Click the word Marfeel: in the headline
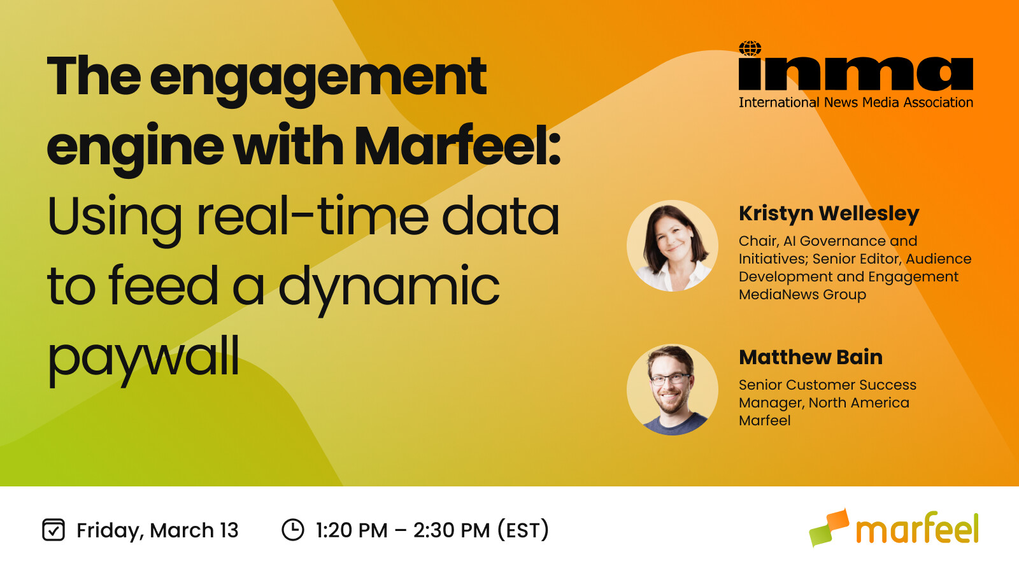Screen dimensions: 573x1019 coord(457,146)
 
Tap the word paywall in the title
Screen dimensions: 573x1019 coord(143,357)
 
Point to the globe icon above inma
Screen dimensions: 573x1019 coord(750,49)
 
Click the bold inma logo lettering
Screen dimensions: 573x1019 coord(855,74)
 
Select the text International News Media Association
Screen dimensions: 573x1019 coord(855,103)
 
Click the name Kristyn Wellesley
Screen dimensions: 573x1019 coord(829,213)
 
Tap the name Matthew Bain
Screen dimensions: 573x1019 coord(810,357)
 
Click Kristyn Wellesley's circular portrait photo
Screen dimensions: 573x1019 coord(673,246)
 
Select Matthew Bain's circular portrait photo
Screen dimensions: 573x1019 coord(673,390)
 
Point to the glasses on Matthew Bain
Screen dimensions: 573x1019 coord(670,380)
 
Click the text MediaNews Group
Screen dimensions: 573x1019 coord(802,295)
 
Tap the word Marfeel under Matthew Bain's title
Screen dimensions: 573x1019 coord(764,421)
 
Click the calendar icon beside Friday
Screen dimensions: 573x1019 coord(53,530)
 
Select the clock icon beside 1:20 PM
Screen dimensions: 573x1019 coord(293,530)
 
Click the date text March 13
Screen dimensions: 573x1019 coord(194,530)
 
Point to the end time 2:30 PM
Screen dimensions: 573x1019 coord(452,530)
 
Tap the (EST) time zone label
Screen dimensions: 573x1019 coord(523,530)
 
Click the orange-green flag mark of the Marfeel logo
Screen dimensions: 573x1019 coord(829,527)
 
